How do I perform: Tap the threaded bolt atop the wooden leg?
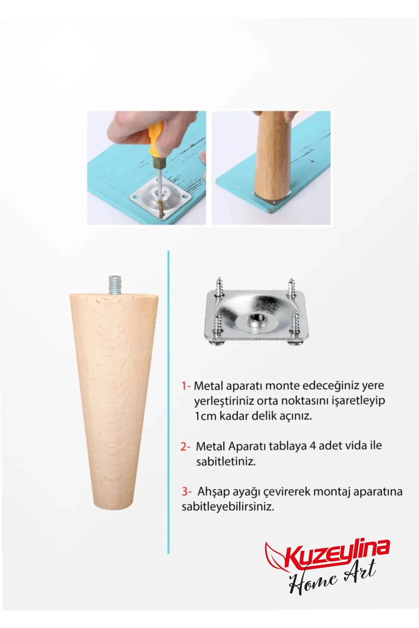pyautogui.click(x=114, y=284)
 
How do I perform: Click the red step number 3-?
pyautogui.click(x=186, y=491)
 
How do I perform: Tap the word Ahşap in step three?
pyautogui.click(x=211, y=492)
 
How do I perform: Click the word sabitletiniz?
pyautogui.click(x=226, y=461)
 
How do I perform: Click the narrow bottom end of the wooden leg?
pyautogui.click(x=113, y=506)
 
